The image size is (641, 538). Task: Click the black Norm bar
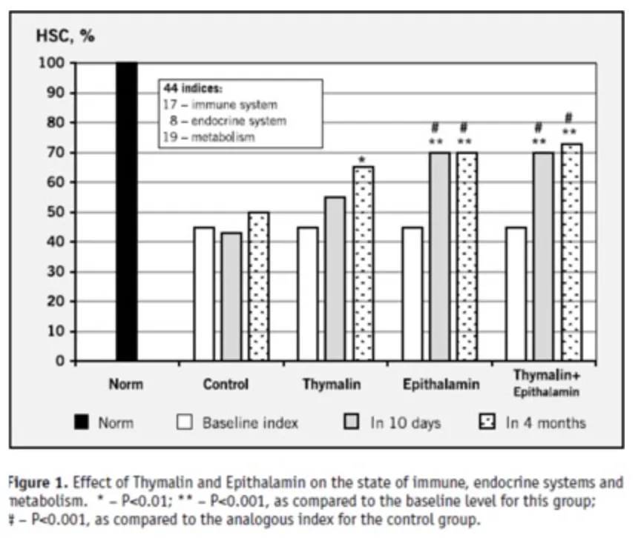127,212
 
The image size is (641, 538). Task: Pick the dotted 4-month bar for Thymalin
364,264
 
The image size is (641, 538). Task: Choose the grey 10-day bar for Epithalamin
440,256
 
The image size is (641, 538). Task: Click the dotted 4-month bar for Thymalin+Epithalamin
571,252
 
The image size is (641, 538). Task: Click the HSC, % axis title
65,35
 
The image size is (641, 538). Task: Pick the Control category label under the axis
226,385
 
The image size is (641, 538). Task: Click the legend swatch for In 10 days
353,423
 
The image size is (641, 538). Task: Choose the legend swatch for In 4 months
487,423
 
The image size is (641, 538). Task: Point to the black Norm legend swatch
82,423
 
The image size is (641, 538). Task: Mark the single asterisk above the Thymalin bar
362,159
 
